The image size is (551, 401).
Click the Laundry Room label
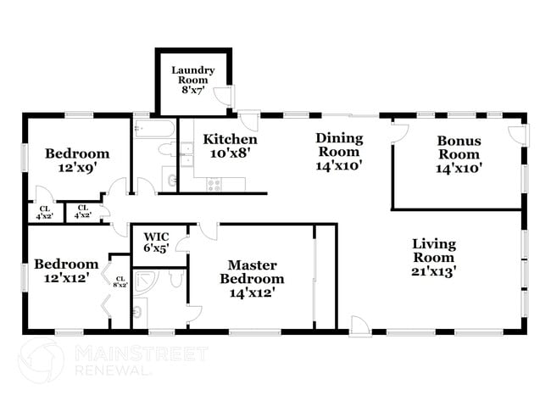coord(192,81)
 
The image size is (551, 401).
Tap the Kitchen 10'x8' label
coord(230,146)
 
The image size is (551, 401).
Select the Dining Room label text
coord(339,152)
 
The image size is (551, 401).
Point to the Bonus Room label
coord(459,154)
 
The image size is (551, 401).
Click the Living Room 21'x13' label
coord(433,258)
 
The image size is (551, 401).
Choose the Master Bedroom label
coord(252,278)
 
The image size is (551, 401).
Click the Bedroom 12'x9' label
coord(77,160)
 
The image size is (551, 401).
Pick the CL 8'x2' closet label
coord(120,281)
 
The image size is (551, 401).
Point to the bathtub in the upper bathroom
coord(154,129)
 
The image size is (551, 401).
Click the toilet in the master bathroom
coord(175,279)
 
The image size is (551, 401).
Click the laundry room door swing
coord(224,97)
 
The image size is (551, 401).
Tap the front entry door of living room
coord(359,325)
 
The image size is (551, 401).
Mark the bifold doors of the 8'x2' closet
coord(108,287)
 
